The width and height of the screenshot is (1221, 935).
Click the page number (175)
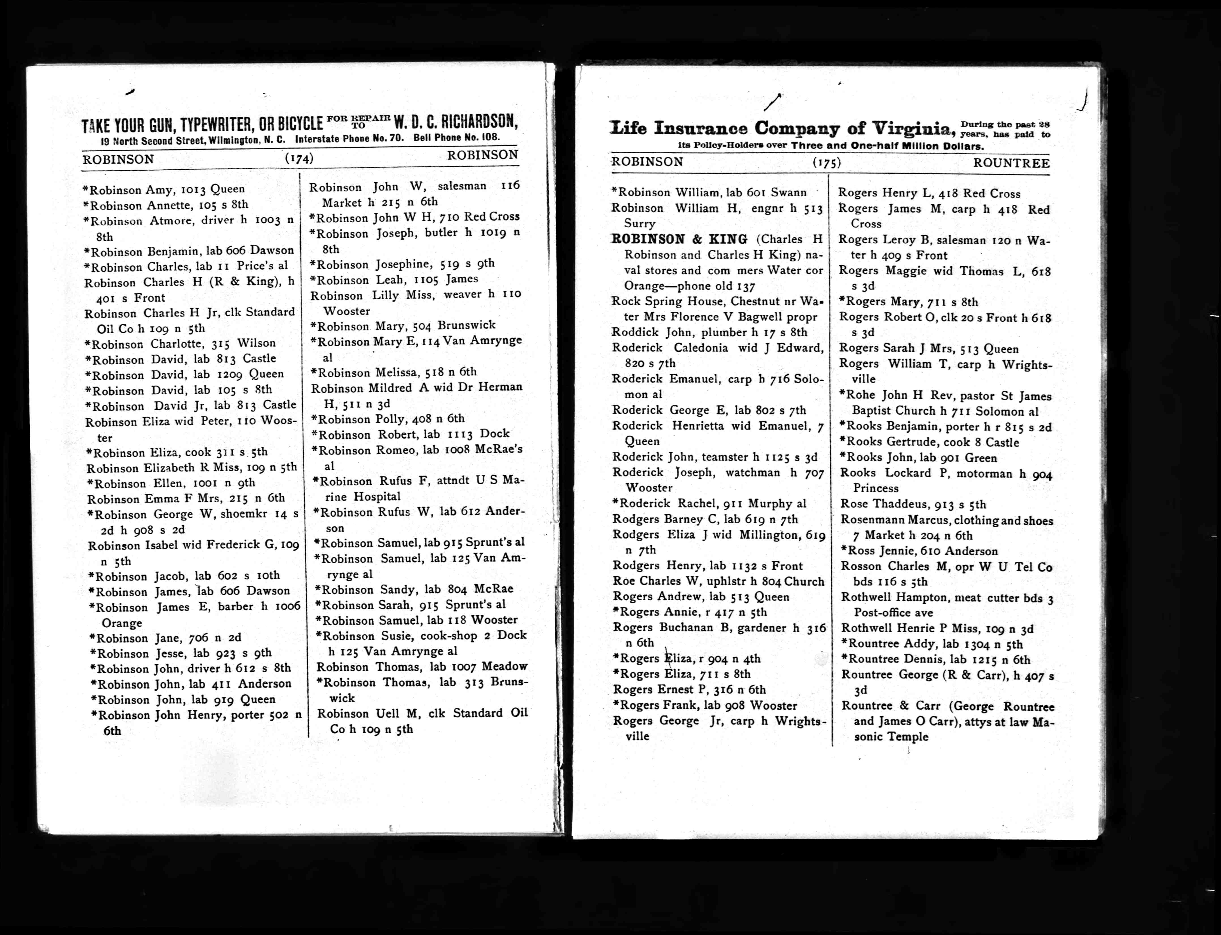click(x=827, y=162)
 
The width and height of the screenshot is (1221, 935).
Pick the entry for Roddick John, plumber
click(x=709, y=332)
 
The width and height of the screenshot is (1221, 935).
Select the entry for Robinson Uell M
click(x=422, y=713)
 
